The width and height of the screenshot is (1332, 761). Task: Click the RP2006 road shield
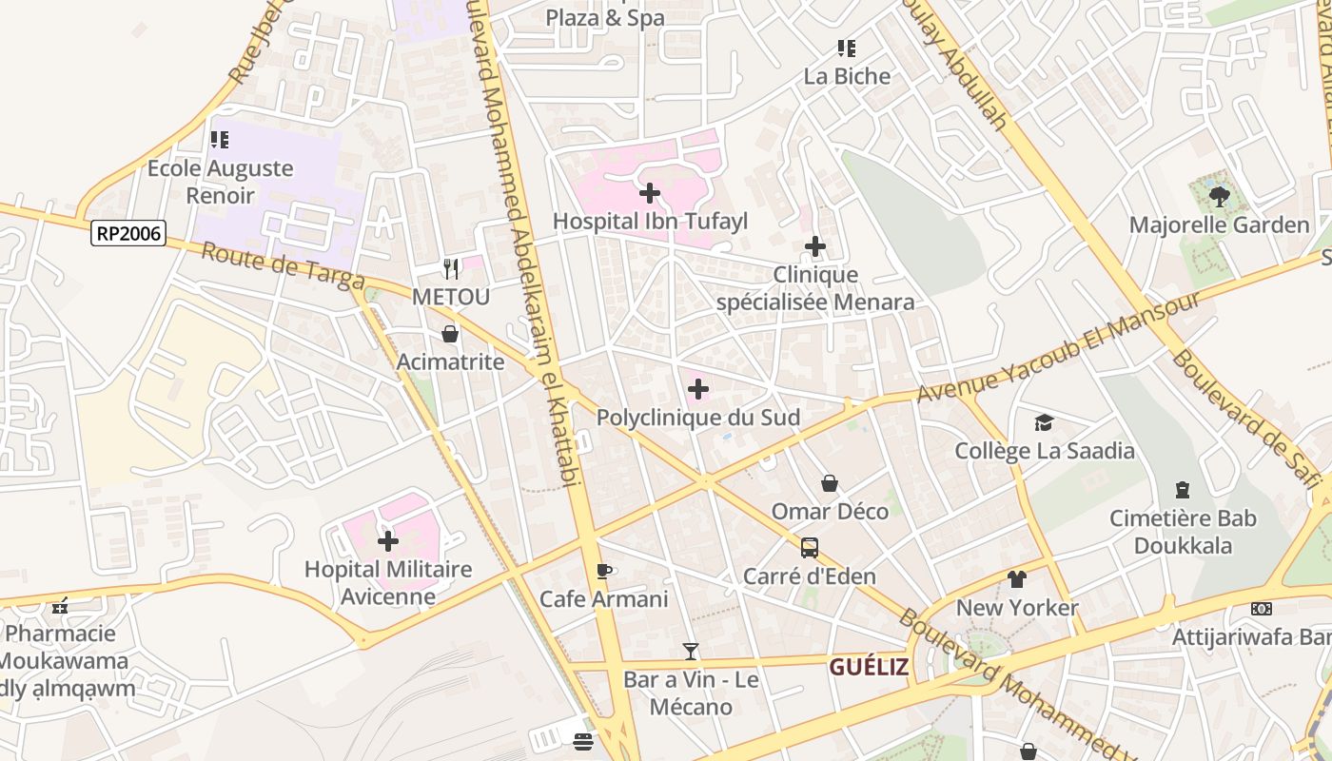tap(128, 233)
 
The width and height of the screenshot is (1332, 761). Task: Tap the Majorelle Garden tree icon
tap(1219, 197)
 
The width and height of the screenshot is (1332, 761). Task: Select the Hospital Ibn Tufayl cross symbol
tap(650, 194)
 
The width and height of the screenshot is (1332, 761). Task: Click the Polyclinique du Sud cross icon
tap(697, 389)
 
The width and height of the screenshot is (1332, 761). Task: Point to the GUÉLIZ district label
tap(868, 667)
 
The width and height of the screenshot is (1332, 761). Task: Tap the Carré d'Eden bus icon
tap(809, 548)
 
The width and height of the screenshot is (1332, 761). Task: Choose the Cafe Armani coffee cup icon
tap(603, 571)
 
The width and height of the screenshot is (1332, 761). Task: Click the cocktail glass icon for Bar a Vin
tap(691, 652)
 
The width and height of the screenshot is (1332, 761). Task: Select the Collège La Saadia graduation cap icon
tap(1044, 422)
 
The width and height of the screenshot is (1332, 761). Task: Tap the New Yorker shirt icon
tap(1016, 579)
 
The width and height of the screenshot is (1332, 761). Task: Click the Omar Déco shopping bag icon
tap(830, 483)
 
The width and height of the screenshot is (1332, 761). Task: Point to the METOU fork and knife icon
tap(451, 269)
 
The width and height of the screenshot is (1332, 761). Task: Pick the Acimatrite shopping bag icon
tap(450, 334)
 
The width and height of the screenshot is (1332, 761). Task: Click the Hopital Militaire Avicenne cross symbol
tap(388, 541)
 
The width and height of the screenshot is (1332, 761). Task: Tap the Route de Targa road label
tap(284, 266)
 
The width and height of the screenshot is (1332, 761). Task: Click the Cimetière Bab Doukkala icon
tap(1183, 490)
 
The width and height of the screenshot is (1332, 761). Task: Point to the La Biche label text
tap(847, 76)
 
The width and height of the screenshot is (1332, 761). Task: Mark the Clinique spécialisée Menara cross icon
tap(814, 247)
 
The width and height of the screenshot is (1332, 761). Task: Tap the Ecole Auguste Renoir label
tap(220, 182)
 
